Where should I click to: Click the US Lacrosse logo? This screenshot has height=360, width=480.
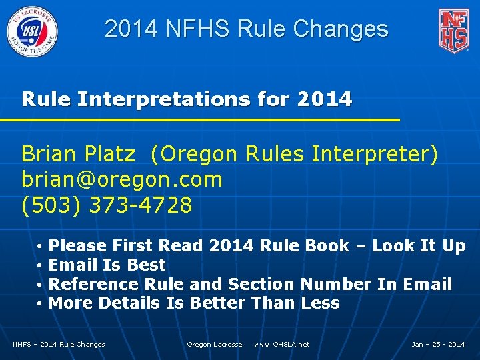33,31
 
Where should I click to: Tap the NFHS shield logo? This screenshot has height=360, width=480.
453,31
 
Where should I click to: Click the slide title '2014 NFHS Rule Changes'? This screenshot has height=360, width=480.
246,29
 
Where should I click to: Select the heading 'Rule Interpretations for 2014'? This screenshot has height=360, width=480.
187,99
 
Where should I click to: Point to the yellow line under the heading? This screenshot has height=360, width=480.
200,119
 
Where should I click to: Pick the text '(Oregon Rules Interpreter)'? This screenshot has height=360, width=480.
294,155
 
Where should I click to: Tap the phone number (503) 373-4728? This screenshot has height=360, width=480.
107,205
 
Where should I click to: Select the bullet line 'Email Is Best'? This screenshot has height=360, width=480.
107,265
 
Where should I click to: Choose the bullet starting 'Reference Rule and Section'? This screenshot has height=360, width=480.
250,284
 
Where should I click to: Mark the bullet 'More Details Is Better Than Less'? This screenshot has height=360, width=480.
194,303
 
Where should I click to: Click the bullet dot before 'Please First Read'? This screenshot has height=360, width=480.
41,247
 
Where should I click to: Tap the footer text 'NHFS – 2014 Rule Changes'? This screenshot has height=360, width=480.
59,345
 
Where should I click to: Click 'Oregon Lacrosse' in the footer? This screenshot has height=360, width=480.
214,345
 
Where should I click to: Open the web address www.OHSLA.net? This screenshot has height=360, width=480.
281,345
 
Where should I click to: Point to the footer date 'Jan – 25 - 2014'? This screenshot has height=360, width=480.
438,345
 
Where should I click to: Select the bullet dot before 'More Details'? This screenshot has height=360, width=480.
41,304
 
